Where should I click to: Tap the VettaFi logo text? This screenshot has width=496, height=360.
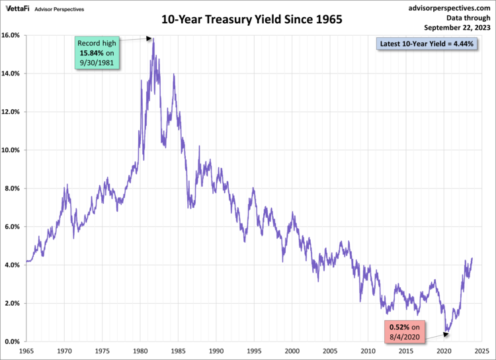(x=18, y=8)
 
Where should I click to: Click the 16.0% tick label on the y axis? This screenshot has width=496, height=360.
(x=13, y=35)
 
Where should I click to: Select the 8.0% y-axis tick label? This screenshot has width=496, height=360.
(x=14, y=189)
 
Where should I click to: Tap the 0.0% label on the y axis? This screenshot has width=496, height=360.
(x=14, y=342)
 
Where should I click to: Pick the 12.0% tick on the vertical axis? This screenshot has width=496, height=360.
(x=13, y=112)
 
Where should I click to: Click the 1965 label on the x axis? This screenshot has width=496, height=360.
(x=26, y=351)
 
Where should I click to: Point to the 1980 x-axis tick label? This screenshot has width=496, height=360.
(x=140, y=351)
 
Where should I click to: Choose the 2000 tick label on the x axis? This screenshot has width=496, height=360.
(x=291, y=351)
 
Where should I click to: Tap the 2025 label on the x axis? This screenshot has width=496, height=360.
(x=480, y=351)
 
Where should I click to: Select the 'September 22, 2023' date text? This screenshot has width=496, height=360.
(x=454, y=27)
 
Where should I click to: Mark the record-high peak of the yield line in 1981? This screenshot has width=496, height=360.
(x=153, y=39)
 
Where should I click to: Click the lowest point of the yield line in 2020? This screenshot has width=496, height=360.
(x=446, y=332)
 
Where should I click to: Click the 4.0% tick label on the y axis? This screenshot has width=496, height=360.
(x=14, y=265)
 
